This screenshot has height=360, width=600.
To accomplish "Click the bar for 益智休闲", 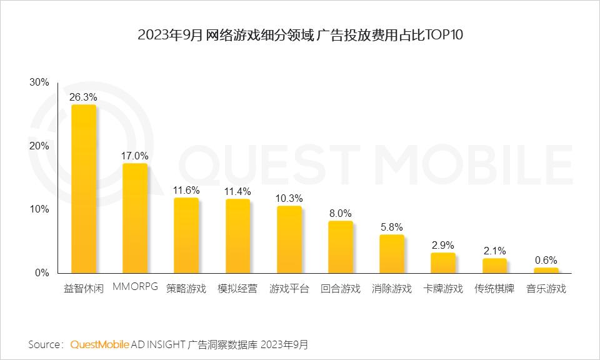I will click(x=84, y=189).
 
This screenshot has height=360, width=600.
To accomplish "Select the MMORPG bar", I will click(x=135, y=218).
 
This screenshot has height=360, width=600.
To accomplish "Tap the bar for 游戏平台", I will click(x=289, y=239).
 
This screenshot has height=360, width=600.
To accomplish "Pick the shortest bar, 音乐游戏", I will click(x=546, y=270).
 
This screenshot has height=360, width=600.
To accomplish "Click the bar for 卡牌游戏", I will click(x=443, y=262).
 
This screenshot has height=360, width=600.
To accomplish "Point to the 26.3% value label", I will click(x=84, y=97).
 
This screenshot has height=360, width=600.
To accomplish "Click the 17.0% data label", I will click(x=135, y=156).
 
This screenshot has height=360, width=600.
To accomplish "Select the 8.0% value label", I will click(x=341, y=213).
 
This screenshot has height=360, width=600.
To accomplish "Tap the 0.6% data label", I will click(x=546, y=260).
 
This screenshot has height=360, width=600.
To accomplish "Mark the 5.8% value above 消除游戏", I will click(x=392, y=227).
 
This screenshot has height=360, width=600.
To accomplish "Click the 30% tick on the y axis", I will click(x=39, y=82).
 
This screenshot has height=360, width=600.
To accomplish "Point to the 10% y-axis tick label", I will click(x=39, y=209).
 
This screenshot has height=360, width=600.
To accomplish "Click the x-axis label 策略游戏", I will click(x=186, y=289).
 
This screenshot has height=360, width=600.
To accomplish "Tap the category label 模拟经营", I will click(x=237, y=289).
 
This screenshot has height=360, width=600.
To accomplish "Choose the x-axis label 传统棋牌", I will click(x=494, y=289).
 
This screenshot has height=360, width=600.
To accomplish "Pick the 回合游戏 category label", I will click(x=341, y=289).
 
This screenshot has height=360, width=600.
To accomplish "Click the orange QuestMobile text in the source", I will click(x=100, y=344).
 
